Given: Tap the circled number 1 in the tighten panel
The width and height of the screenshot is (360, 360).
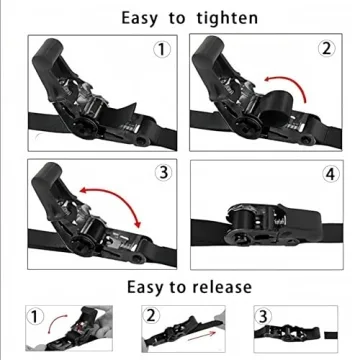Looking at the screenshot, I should [x=161, y=51].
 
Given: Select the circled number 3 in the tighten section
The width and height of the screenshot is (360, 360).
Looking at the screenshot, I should [x=160, y=172].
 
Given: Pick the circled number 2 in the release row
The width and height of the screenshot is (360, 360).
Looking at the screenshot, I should [x=153, y=316].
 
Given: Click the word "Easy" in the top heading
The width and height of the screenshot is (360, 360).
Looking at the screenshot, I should [x=144, y=18].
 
